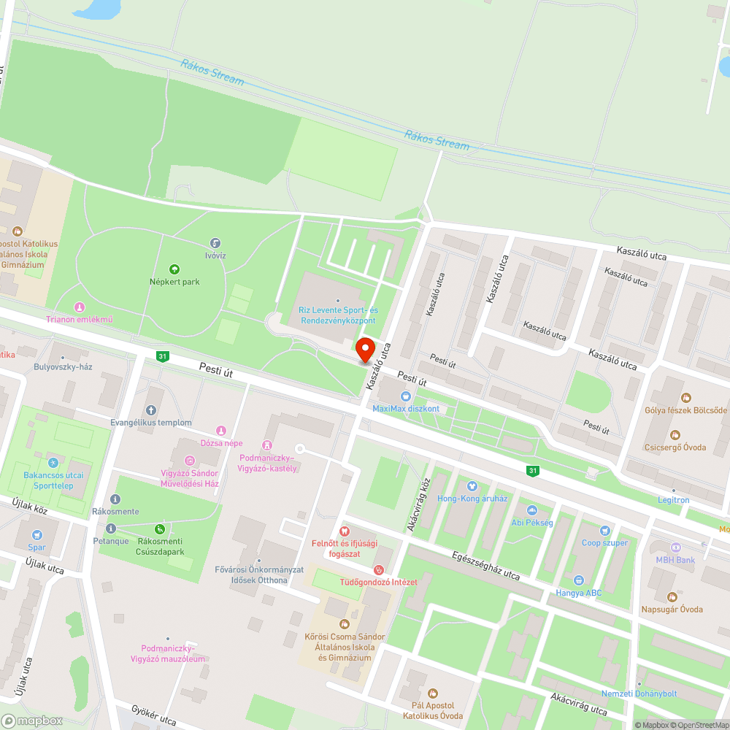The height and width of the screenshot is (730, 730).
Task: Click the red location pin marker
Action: coord(364,350)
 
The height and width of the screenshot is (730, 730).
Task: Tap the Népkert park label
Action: coord(174,282)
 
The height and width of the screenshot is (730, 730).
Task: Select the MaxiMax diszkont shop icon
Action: coord(407,395)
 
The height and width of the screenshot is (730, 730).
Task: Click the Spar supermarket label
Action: coord(36,547)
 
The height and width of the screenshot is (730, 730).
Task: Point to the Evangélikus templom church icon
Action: coord(151,410)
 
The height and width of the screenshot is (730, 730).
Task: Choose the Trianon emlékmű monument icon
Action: coord(79,307)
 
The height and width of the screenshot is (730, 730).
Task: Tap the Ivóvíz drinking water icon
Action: coord(215,243)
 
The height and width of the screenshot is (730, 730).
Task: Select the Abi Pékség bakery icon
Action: coord(531,510)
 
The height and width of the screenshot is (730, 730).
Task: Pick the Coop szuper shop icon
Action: coord(604,530)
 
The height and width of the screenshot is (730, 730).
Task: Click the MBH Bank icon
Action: coord(675,547)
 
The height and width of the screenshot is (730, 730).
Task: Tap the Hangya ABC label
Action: coord(579,593)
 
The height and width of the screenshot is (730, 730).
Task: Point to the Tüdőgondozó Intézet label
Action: coord(378,582)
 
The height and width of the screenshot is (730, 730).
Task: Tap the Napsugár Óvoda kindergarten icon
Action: coord(671,596)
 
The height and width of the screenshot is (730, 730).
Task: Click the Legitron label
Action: coord(673,500)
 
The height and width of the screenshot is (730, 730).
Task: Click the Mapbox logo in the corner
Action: coord(33,721)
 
